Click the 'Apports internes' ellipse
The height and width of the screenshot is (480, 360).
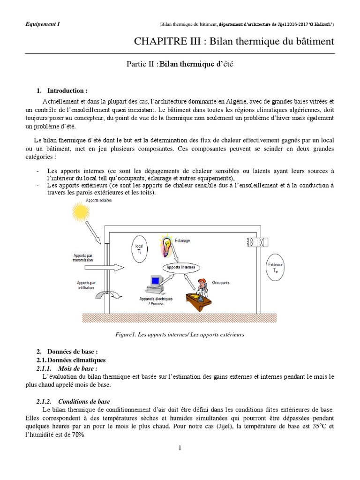click(x=181, y=267)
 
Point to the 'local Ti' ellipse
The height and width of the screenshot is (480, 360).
click(x=139, y=249)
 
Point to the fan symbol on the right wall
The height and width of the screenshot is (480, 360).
click(x=254, y=242)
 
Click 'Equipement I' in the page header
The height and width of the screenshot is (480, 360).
click(x=43, y=23)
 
